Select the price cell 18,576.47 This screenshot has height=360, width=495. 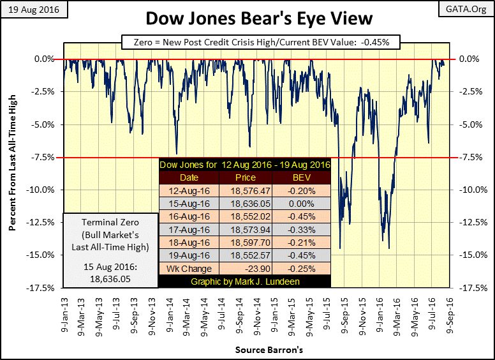coord(246,190)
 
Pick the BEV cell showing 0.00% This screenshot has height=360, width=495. coord(299,204)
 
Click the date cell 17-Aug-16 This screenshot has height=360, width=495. coord(189,229)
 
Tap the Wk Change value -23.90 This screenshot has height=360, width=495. coord(246,268)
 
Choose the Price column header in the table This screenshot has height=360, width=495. coord(246,177)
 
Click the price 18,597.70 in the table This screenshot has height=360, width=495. coord(246,243)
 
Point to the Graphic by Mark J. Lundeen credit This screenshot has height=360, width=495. coord(246,281)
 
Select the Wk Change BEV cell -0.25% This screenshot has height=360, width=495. coord(299,268)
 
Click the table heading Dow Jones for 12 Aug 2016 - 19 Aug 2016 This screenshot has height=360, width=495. coord(246,164)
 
